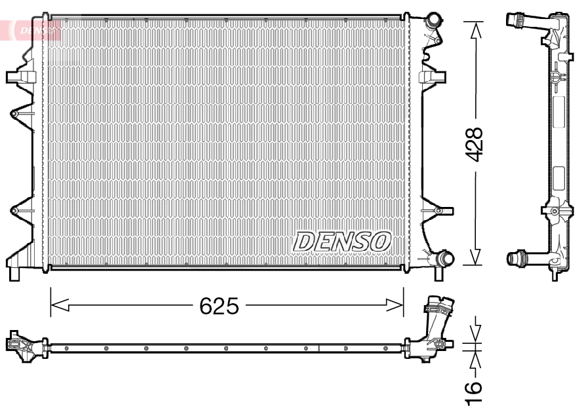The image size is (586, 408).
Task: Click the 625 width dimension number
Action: tap(220, 306)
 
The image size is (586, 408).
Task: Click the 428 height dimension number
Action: tap(474, 144)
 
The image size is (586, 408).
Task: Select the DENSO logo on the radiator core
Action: tap(343, 241)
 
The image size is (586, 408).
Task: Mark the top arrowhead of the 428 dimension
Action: tap(475, 29)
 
